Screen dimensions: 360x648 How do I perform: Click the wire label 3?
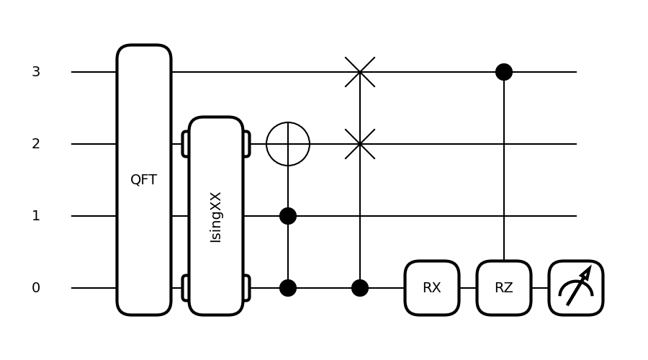(x=36, y=72)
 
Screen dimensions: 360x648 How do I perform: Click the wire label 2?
(x=36, y=144)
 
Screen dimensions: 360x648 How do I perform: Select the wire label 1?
(x=36, y=216)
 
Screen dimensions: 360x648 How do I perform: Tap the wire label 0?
(x=36, y=288)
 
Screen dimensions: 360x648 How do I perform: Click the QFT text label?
(x=144, y=180)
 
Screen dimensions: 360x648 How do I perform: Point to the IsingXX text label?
(x=216, y=217)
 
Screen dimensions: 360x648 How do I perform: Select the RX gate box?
(x=432, y=288)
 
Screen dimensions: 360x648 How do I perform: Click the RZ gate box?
(x=504, y=288)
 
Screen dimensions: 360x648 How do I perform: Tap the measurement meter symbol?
(x=576, y=288)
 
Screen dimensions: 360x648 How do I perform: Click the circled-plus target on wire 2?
(x=288, y=144)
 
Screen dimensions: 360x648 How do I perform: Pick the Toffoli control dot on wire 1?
(x=288, y=216)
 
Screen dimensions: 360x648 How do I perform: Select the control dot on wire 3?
(x=504, y=72)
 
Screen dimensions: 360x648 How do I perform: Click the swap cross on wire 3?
(x=360, y=72)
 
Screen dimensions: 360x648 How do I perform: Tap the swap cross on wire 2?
(x=360, y=144)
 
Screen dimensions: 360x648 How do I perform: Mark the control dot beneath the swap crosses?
(x=360, y=288)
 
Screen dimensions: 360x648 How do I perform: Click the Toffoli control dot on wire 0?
(x=288, y=288)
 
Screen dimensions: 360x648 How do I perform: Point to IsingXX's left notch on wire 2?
(x=186, y=144)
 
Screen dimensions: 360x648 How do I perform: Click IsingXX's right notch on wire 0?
(x=246, y=288)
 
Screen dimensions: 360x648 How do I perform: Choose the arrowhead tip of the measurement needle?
(x=590, y=269)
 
